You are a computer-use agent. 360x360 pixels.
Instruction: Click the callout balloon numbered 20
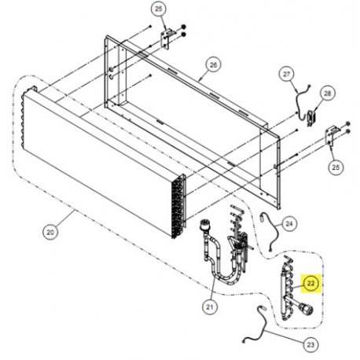tap(50, 232)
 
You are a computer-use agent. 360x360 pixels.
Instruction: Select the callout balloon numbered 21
tap(210, 307)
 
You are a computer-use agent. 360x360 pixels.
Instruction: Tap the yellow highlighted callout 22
tap(310, 284)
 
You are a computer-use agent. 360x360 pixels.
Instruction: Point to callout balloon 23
tap(310, 344)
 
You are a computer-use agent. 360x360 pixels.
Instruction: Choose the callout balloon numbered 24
tap(289, 224)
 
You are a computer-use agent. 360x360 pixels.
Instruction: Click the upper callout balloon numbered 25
tap(159, 9)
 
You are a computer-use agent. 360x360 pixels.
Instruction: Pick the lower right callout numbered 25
tap(336, 167)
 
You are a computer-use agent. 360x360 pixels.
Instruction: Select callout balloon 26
tap(214, 64)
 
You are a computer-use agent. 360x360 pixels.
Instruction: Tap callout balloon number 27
tap(286, 75)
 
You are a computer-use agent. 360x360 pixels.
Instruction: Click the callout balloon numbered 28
tap(327, 94)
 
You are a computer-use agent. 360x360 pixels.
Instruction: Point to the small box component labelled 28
tap(311, 118)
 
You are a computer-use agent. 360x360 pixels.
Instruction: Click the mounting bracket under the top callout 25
tap(165, 39)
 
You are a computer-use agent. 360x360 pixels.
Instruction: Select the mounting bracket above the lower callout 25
tap(330, 137)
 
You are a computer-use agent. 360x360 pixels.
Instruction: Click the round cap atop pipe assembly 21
tap(204, 226)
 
